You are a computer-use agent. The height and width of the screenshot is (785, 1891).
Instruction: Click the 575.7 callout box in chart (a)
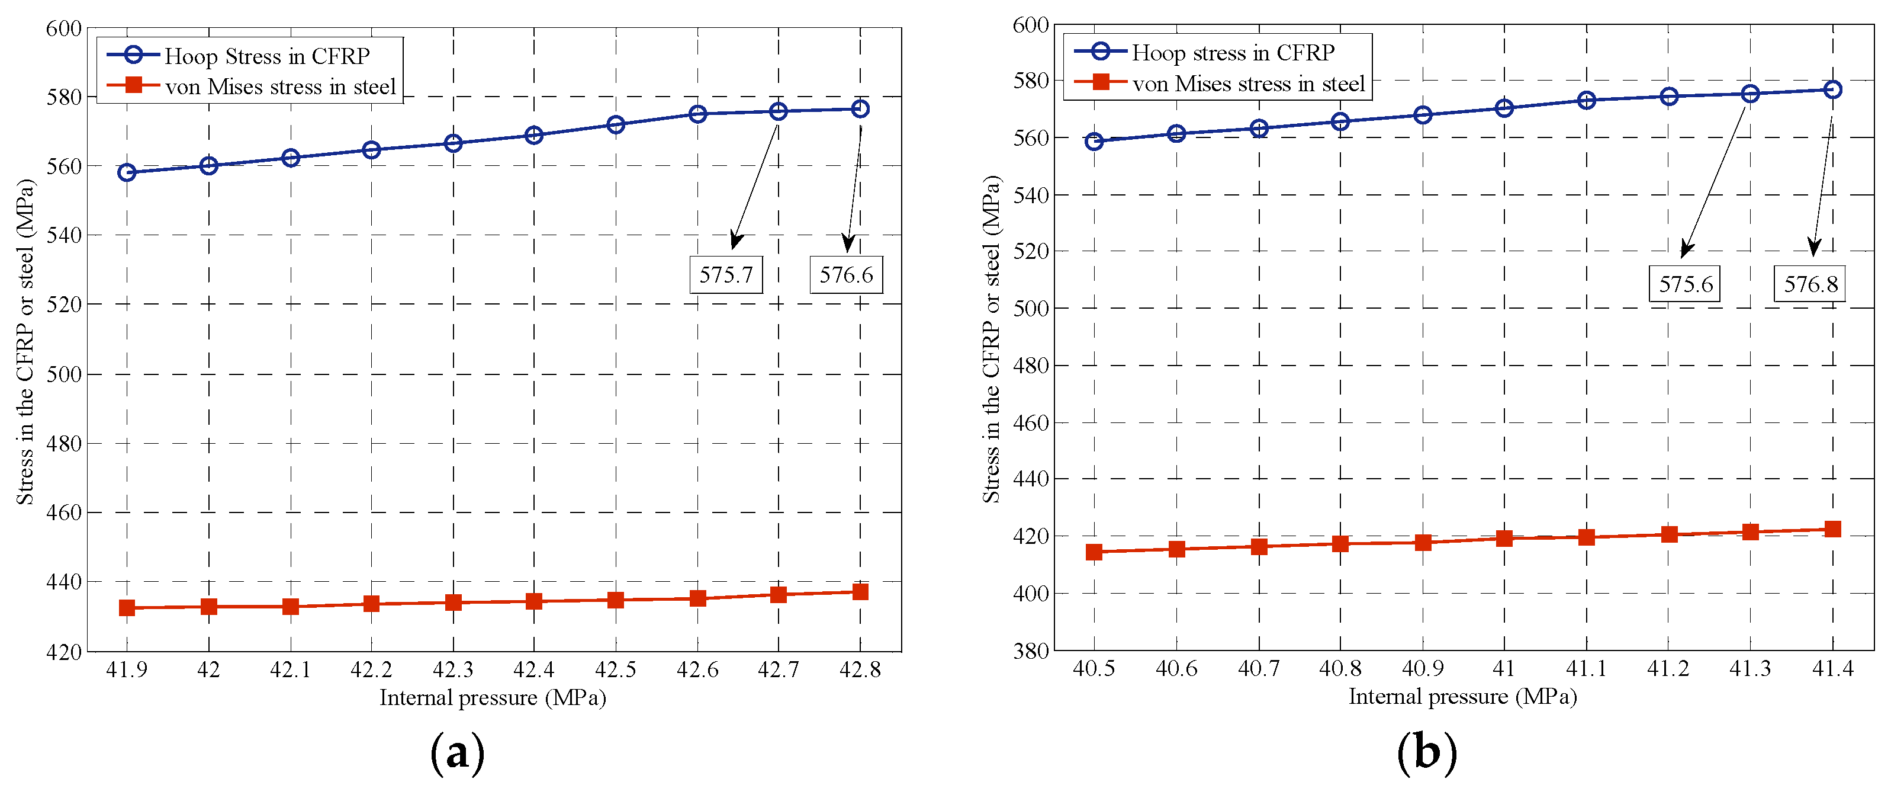[x=725, y=275]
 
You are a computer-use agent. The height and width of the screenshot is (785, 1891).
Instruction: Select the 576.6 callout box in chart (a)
[x=845, y=275]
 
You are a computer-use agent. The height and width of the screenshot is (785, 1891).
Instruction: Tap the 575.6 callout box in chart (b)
[x=1686, y=284]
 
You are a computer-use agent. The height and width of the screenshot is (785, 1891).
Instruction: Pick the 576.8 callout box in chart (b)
[x=1810, y=284]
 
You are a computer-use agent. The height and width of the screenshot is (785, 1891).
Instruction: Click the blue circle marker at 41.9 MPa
[x=127, y=172]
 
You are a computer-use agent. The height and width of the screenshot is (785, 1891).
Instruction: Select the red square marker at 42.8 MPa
[x=860, y=592]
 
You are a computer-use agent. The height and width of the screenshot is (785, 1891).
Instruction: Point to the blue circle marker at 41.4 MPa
[x=1832, y=89]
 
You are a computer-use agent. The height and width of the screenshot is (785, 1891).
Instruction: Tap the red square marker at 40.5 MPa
[x=1094, y=552]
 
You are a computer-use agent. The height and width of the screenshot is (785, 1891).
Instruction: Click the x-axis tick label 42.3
[x=453, y=669]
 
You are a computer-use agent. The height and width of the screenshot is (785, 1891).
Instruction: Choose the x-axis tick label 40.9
[x=1422, y=668]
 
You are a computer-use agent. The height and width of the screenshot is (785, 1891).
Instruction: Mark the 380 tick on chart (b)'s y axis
[x=1031, y=651]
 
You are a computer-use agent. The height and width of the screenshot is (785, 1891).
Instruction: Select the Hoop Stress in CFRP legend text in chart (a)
[x=266, y=56]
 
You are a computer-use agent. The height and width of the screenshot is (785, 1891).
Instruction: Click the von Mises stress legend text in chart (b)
[x=1248, y=84]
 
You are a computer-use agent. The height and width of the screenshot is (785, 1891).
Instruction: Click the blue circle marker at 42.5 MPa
[x=616, y=125]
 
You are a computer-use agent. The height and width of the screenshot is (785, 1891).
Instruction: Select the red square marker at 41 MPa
[x=1504, y=539]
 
